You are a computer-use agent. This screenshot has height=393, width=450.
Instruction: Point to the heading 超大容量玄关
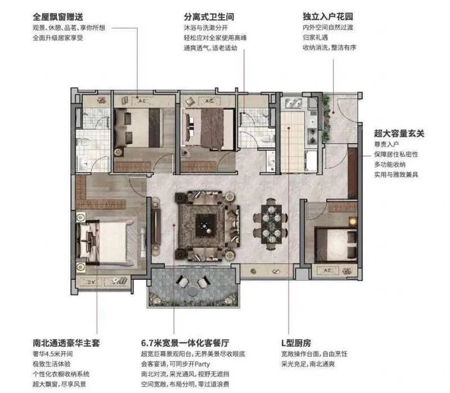pyautogui.click(x=398, y=133)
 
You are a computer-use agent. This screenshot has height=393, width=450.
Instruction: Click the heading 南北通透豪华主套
pyautogui.click(x=66, y=342)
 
